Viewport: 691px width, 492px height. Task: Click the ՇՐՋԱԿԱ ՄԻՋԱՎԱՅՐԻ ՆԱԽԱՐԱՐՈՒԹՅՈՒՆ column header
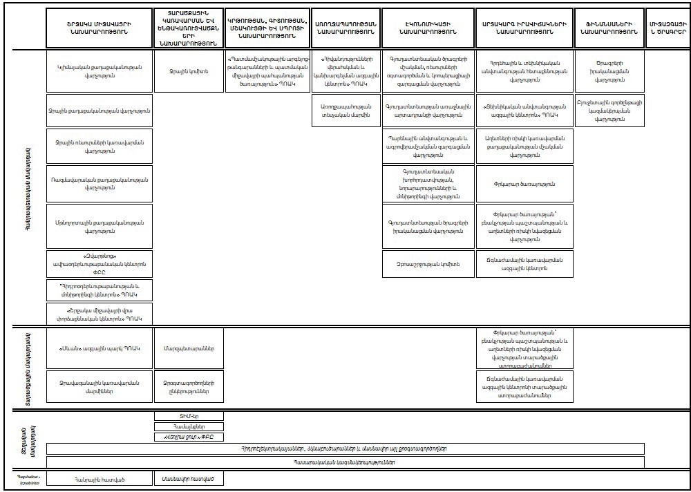click(x=99, y=28)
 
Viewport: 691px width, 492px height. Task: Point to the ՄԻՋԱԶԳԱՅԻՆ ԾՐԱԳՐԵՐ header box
click(x=668, y=28)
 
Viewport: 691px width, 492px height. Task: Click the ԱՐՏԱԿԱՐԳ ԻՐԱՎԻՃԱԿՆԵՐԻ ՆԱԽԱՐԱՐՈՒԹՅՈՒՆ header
click(x=524, y=28)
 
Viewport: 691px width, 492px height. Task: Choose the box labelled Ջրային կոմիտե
click(x=188, y=71)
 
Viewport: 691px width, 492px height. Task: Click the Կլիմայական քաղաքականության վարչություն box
click(x=99, y=71)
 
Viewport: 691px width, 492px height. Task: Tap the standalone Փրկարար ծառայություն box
click(x=524, y=184)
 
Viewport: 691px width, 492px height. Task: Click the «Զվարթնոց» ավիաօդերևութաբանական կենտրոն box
click(x=99, y=263)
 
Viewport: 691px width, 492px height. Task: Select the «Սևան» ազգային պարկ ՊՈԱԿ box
click(x=99, y=348)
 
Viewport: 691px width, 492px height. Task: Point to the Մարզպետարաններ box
click(x=188, y=348)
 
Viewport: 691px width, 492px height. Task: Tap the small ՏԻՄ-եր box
click(x=188, y=416)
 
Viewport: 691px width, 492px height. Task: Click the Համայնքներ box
click(x=188, y=427)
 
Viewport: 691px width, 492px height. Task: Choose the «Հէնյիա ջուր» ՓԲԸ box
click(x=188, y=438)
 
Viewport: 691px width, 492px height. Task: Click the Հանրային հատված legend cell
click(x=99, y=478)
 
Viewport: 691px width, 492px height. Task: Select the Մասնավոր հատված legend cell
click(x=188, y=478)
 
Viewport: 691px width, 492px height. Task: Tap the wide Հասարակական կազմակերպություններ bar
click(x=345, y=462)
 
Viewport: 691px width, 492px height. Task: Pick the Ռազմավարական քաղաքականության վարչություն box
click(x=99, y=183)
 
